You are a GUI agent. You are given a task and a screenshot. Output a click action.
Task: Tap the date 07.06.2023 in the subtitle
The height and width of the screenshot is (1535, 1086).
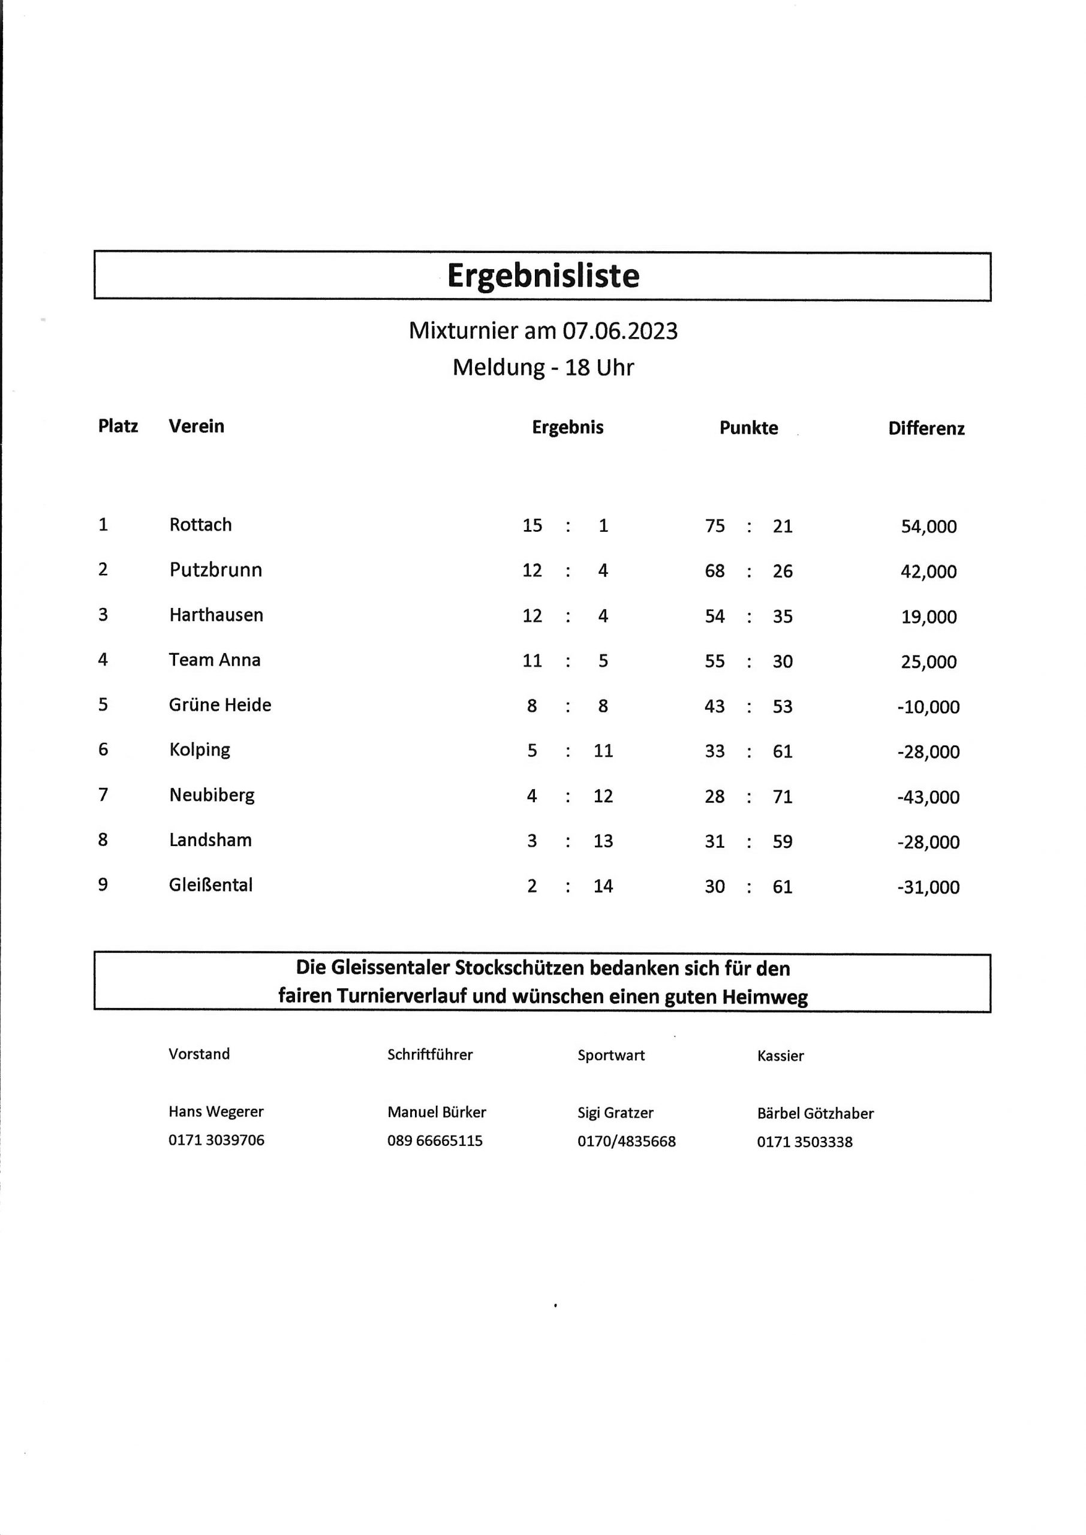point(619,331)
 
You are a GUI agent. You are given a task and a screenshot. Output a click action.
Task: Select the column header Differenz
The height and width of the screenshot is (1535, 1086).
point(926,429)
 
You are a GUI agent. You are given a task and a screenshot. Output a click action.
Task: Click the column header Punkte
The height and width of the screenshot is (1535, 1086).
point(748,428)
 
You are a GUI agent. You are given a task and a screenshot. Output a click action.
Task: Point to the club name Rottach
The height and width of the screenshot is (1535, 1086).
point(201,525)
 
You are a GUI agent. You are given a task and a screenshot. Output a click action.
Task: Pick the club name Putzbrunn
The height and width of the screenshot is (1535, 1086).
point(215,570)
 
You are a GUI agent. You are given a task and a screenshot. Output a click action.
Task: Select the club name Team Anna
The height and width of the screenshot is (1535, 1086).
point(215,660)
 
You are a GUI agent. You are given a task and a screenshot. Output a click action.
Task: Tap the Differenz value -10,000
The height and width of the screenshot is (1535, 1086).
point(928,708)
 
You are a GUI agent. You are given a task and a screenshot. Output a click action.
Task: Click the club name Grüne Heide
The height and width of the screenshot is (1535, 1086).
point(220,705)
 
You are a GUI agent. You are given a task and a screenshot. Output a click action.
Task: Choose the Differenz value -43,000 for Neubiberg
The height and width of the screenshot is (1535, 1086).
point(928,797)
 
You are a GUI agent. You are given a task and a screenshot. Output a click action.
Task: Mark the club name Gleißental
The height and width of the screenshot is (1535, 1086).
point(210,885)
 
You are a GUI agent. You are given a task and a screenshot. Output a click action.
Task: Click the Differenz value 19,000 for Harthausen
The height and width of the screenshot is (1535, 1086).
point(928,617)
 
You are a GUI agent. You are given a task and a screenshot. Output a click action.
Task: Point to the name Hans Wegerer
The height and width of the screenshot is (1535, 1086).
point(216,1112)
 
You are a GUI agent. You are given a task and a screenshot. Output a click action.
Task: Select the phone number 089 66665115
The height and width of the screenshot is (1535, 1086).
point(435,1140)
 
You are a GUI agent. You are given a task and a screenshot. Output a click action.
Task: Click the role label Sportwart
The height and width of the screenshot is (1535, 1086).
point(611,1056)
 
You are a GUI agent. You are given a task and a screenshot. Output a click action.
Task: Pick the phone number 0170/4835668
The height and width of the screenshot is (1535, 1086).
point(627,1141)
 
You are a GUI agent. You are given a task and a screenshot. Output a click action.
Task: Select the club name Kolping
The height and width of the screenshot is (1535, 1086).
point(200,750)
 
